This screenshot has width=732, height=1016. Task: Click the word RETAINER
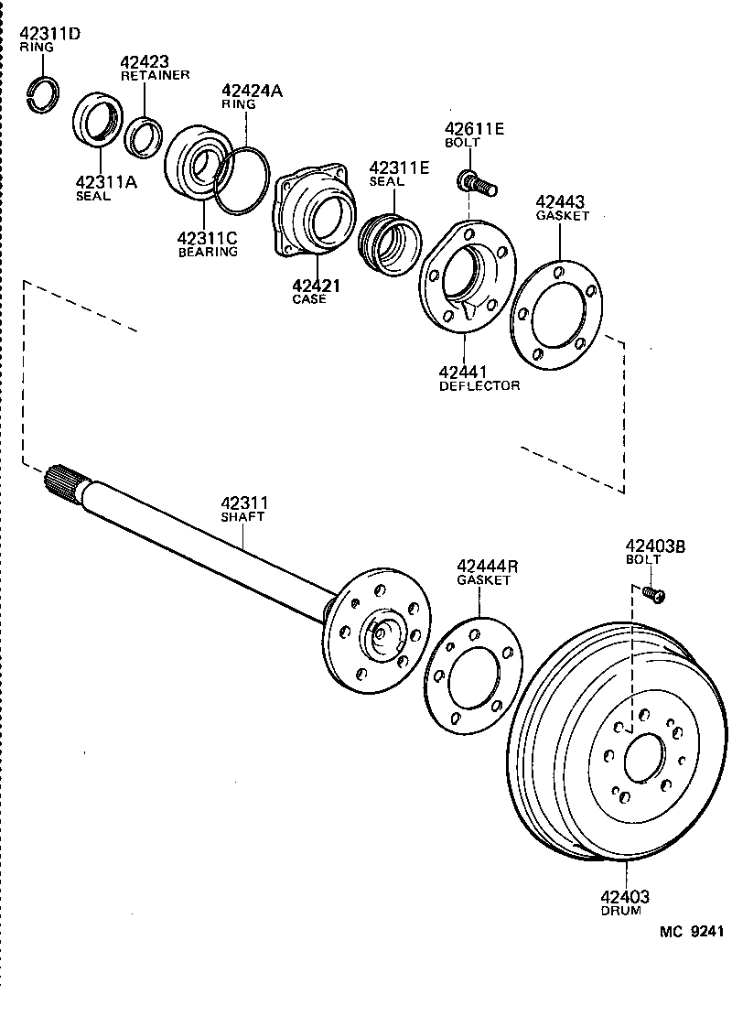coord(155,75)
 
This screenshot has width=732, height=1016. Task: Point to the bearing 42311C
coord(196,164)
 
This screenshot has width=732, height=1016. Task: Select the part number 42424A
coord(252,91)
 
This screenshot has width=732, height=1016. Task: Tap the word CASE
coord(308,299)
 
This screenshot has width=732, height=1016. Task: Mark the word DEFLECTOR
coord(479,385)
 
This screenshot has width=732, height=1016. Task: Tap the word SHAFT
coord(242,516)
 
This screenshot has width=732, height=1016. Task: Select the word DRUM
coord(621,911)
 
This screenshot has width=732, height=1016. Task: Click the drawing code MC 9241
coord(692,932)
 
